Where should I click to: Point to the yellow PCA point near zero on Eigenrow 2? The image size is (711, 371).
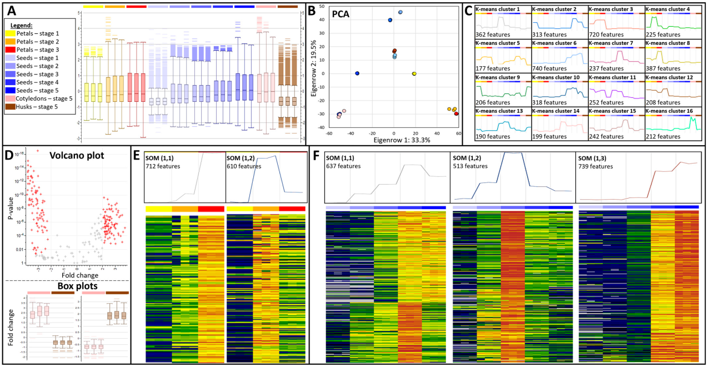[x=414, y=73]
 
